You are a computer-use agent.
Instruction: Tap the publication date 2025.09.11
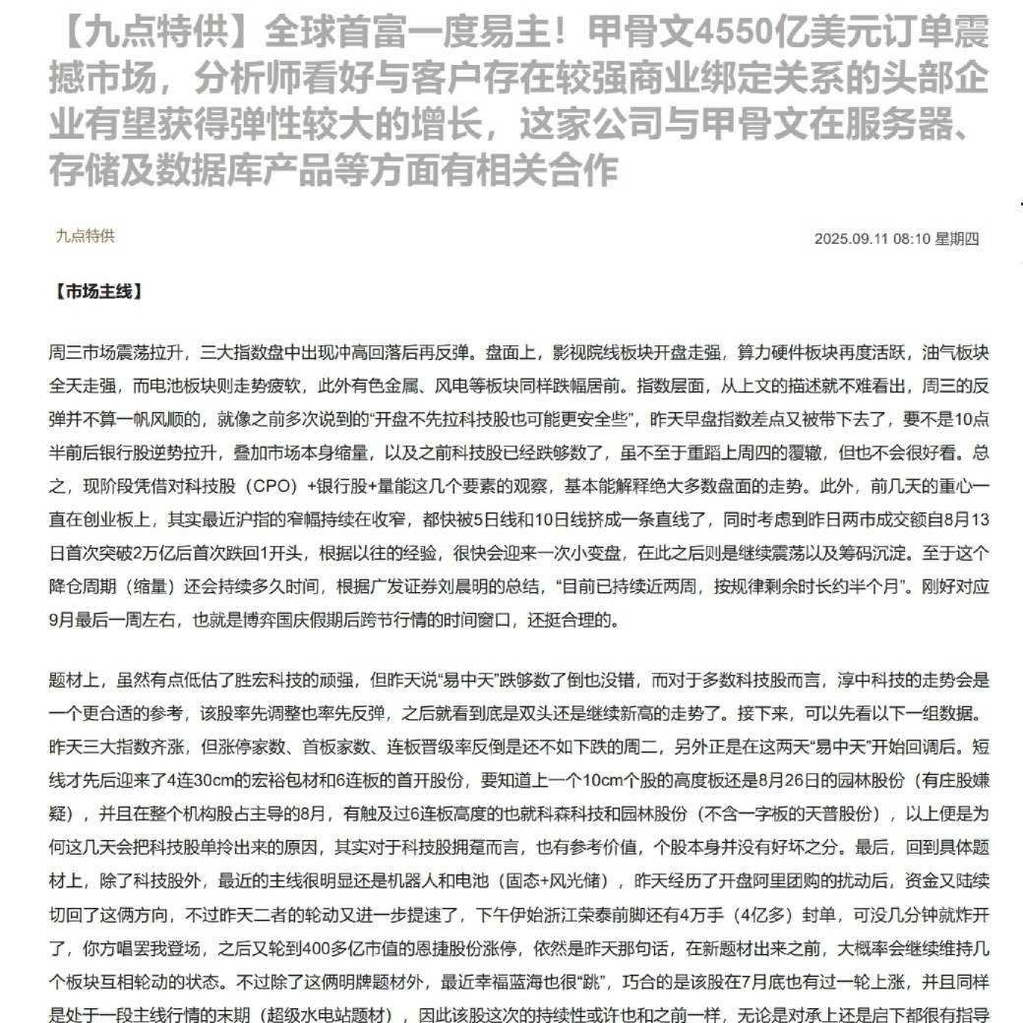point(851,238)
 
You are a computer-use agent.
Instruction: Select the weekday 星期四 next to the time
point(957,238)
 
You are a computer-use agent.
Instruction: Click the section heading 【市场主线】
point(99,292)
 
